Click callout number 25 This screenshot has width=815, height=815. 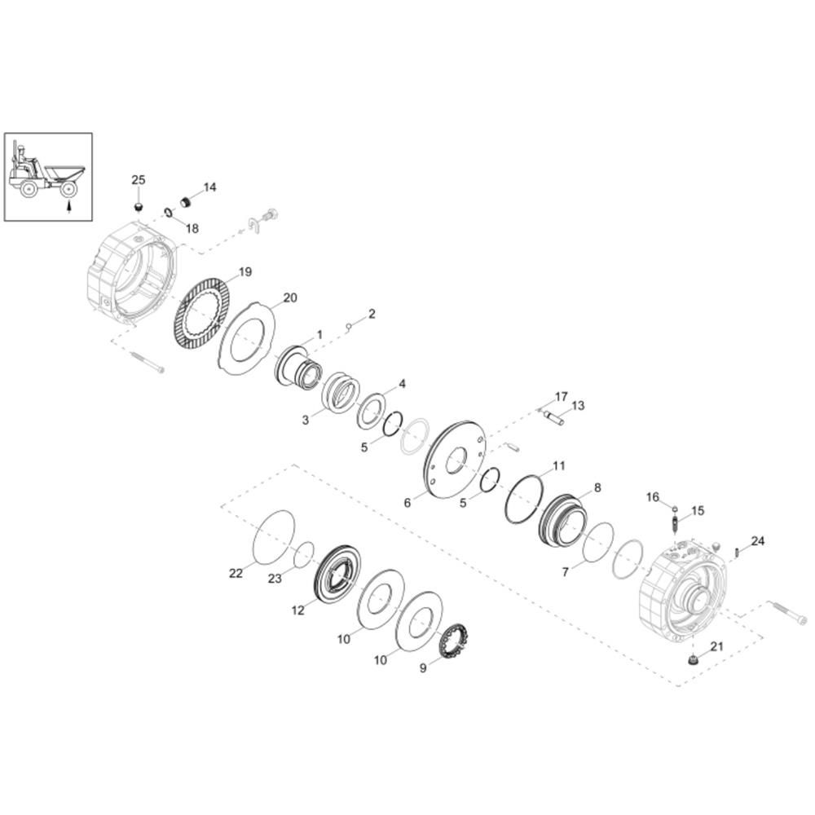click(139, 180)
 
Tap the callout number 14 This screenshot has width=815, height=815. click(209, 187)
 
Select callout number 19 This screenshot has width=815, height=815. click(244, 272)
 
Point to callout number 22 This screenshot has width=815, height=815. click(236, 573)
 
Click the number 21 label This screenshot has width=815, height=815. click(716, 646)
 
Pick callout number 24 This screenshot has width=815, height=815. click(758, 541)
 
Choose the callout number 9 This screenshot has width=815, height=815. click(423, 668)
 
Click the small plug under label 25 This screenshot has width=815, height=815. click(139, 208)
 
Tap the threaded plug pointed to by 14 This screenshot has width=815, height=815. click(186, 201)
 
